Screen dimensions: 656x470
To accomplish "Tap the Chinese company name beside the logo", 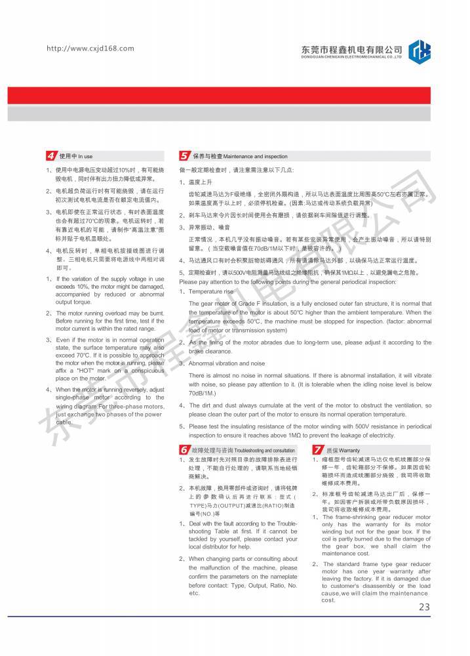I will pos(351,49).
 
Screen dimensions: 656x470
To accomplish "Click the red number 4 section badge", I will pos(51,156).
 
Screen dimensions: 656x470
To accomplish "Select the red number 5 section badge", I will pos(185,156).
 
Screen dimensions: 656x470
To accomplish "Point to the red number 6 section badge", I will pos(184,450).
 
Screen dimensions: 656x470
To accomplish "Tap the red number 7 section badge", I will pos(317,450).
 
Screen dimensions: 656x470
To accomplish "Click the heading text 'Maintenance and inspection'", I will pos(256,157).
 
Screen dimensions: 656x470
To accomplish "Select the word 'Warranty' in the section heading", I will pos(349,451).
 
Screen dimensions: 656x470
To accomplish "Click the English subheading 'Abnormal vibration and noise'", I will pos(227,363).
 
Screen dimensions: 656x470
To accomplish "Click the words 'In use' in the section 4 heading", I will pos(85,157).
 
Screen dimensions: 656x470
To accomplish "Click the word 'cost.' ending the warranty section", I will pos(328,600).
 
